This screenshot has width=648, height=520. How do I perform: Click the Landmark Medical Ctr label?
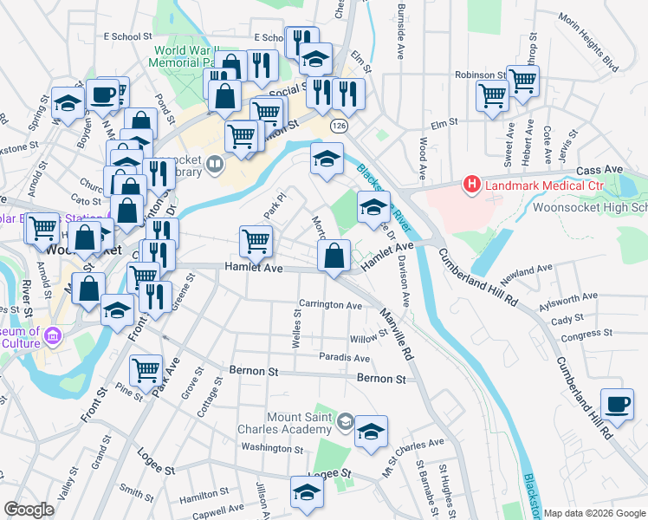[541, 185]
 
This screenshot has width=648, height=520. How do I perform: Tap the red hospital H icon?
[472, 185]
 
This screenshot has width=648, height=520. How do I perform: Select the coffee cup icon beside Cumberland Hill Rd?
[617, 403]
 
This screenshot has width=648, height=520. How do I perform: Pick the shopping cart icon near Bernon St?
[146, 370]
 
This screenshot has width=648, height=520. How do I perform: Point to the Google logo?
[29, 510]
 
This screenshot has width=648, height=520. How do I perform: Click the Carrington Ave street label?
[330, 305]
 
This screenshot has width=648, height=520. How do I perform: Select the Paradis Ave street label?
[344, 358]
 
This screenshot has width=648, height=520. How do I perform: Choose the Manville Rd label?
[397, 321]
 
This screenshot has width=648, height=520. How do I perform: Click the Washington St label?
[271, 447]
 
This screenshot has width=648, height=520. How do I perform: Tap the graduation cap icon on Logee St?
[307, 491]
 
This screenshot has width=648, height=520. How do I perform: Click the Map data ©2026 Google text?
[594, 513]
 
